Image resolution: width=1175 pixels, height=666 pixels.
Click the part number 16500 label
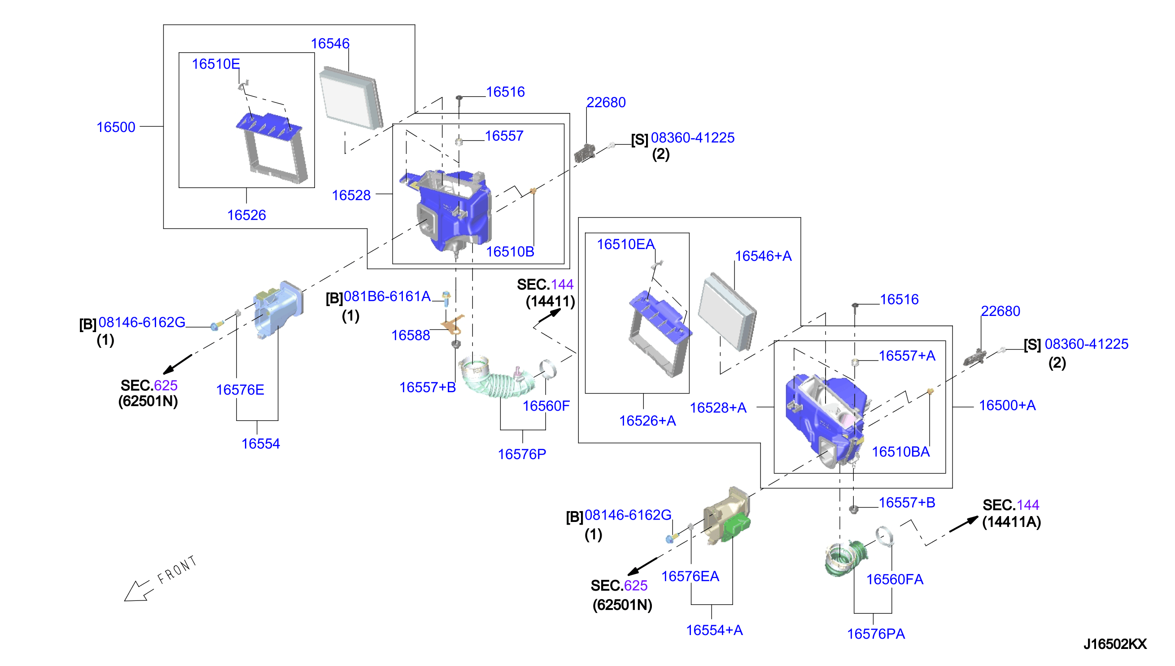(x=116, y=127)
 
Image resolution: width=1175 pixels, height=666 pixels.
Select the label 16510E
(x=216, y=64)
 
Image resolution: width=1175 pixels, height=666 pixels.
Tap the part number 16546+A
(x=763, y=256)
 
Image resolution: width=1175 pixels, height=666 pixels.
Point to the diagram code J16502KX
(x=1114, y=644)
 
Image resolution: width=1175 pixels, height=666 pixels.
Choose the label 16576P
(x=522, y=454)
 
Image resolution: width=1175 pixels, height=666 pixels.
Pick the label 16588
(x=411, y=335)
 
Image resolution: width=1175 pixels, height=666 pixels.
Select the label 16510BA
(x=901, y=451)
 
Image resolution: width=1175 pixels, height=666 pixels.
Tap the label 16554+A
(x=714, y=630)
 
